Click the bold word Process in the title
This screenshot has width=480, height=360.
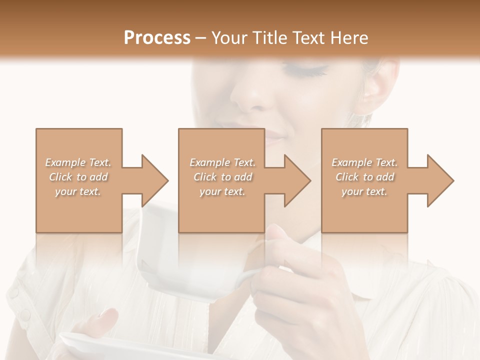(157, 37)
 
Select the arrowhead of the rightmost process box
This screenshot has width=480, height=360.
(437, 180)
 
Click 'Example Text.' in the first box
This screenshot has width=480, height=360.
(78, 162)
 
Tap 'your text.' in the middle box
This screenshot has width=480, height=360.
(222, 191)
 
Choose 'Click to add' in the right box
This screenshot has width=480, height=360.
(364, 177)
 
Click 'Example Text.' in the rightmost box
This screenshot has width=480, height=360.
(364, 162)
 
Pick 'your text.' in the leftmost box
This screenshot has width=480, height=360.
(78, 191)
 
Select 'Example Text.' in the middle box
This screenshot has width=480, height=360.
(222, 162)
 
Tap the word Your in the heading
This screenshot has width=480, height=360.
(230, 37)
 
